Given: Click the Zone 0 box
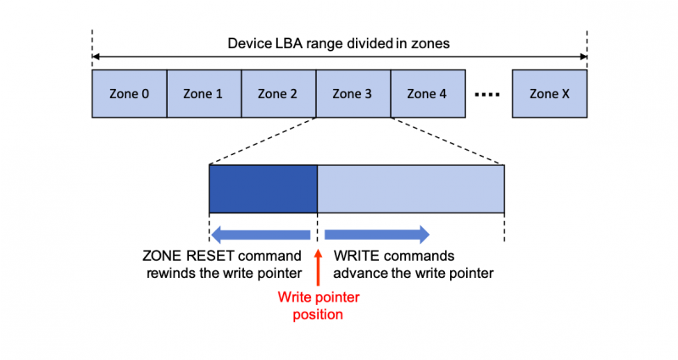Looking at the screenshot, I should [129, 94].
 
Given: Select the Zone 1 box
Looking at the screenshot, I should [203, 94].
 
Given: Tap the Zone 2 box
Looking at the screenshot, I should [278, 94].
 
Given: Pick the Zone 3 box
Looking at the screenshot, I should [353, 94].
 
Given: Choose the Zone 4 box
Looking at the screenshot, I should [426, 94].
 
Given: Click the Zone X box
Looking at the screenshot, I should [549, 94].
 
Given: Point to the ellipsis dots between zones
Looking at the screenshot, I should [487, 94].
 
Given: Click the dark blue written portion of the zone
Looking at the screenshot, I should [263, 188].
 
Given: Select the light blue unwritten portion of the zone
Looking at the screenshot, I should [411, 188].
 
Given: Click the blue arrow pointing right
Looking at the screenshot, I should [377, 235].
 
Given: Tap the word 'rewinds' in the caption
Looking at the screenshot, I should [174, 273].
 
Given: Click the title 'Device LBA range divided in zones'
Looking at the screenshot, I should [339, 43].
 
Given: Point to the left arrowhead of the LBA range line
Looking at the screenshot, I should [96, 57].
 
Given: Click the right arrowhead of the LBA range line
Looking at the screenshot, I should [582, 57].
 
